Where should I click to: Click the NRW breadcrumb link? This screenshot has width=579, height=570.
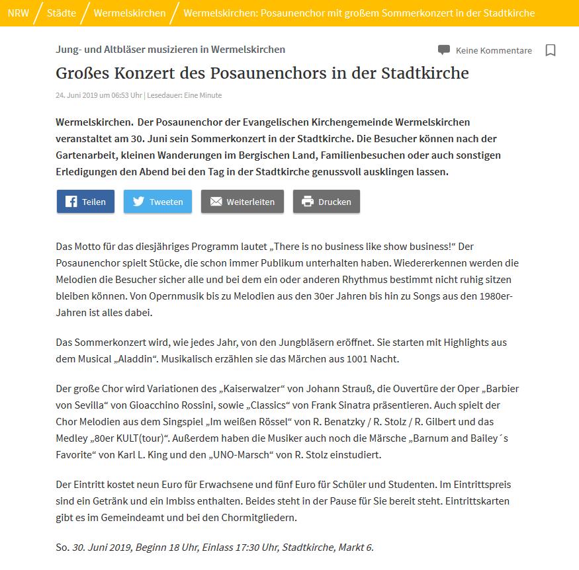pos(19,13)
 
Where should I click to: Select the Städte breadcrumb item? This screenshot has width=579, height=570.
pos(62,13)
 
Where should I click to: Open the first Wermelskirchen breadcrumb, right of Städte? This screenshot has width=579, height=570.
pos(130,13)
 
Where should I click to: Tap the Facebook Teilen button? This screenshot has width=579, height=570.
pos(85,202)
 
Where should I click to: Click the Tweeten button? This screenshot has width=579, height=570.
pos(157,202)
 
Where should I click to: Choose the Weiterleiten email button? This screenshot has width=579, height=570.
pos(242,202)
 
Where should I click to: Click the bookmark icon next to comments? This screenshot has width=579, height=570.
pos(550,50)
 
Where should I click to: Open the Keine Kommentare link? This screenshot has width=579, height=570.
pos(494,50)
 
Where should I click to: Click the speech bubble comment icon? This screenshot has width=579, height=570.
pos(444,50)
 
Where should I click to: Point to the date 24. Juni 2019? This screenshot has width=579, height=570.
pos(77,95)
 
